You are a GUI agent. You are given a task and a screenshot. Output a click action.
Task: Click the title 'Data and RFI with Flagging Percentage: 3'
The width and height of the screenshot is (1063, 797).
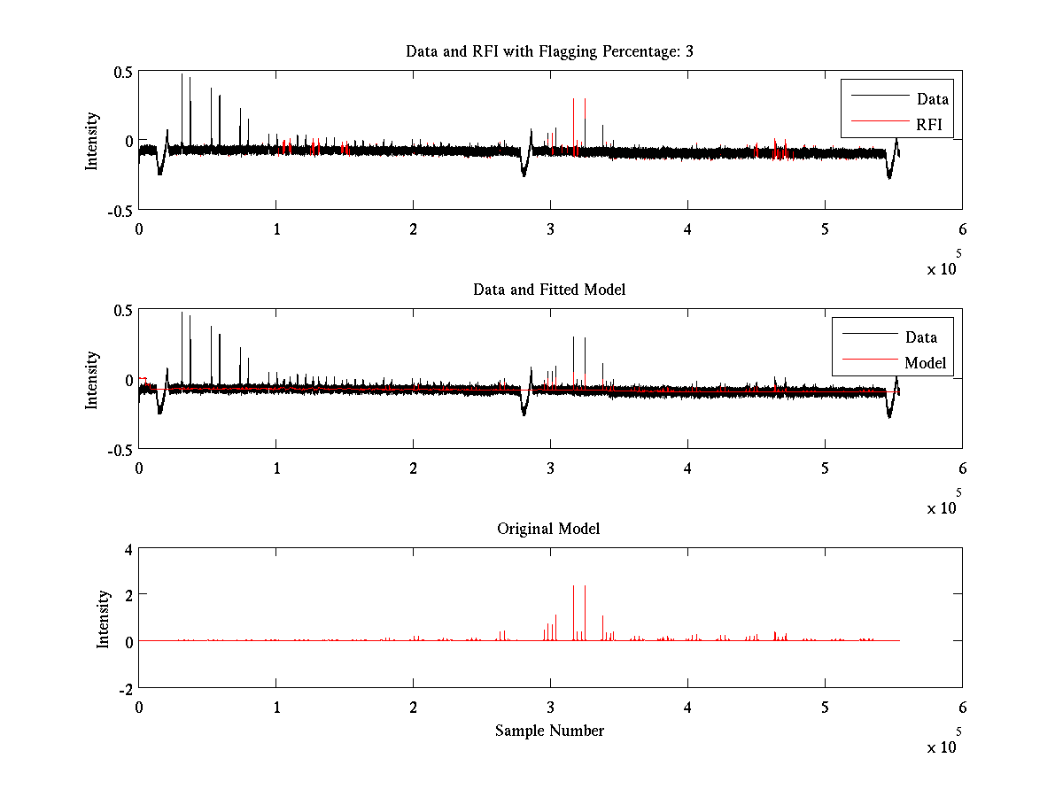tap(549, 51)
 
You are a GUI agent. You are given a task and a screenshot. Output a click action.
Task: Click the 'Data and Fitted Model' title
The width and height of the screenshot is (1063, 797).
tap(549, 290)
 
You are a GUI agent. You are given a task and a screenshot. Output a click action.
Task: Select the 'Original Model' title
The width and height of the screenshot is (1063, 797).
tap(548, 529)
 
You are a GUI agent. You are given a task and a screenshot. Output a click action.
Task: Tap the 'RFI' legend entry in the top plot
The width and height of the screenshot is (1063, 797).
tap(929, 125)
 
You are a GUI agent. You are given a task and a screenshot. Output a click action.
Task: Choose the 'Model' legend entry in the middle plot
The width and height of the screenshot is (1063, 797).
tap(925, 363)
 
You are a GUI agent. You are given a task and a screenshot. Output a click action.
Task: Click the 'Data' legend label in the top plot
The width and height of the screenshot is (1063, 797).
tap(932, 99)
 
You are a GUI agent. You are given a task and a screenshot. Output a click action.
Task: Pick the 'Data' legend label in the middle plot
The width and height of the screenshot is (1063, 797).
tap(920, 337)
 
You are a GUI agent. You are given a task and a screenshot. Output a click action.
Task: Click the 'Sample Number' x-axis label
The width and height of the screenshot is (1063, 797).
tap(549, 731)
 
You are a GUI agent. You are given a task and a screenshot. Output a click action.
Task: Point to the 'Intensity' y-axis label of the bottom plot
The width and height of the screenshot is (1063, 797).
tap(104, 618)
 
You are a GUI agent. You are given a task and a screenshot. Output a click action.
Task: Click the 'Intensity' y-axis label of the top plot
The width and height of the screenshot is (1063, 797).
tap(92, 141)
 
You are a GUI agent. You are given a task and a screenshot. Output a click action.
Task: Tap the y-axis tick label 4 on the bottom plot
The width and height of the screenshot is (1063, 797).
tap(127, 549)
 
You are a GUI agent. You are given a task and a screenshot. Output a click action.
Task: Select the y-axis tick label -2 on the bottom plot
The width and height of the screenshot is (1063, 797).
tap(123, 688)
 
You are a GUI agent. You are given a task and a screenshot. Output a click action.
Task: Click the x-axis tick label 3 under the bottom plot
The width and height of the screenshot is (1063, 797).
tap(550, 708)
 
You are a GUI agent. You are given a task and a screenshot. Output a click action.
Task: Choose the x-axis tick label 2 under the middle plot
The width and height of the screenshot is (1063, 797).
tap(413, 469)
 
